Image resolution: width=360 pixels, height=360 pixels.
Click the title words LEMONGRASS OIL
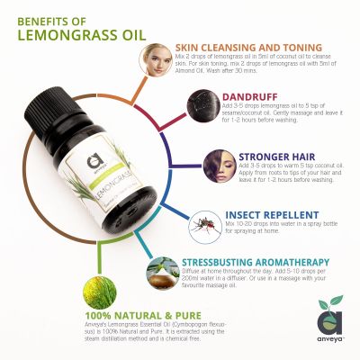coord(76,34)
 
